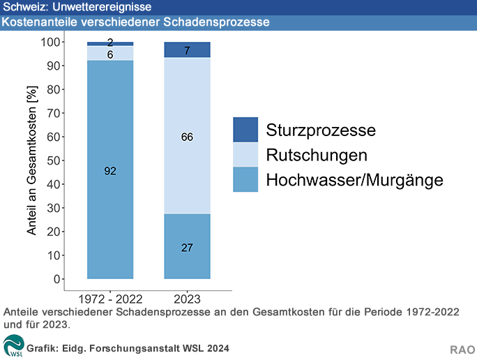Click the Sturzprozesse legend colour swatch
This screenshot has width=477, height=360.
pos(245,129)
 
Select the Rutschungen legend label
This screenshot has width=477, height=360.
pos(317,154)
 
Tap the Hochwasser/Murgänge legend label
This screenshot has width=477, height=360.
pos(354,180)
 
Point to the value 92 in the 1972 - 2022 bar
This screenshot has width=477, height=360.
pos(110,171)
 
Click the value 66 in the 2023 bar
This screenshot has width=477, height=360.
pos(187,137)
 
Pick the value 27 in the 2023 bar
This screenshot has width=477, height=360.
pos(187,248)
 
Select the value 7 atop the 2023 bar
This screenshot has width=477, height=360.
pos(187,51)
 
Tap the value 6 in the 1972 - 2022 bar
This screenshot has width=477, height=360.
pos(110,54)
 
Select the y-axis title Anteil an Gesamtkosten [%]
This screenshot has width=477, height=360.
pos(31,160)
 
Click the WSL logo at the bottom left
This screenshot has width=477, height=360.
pos(13,345)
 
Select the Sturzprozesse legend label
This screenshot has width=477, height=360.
pos(321,130)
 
